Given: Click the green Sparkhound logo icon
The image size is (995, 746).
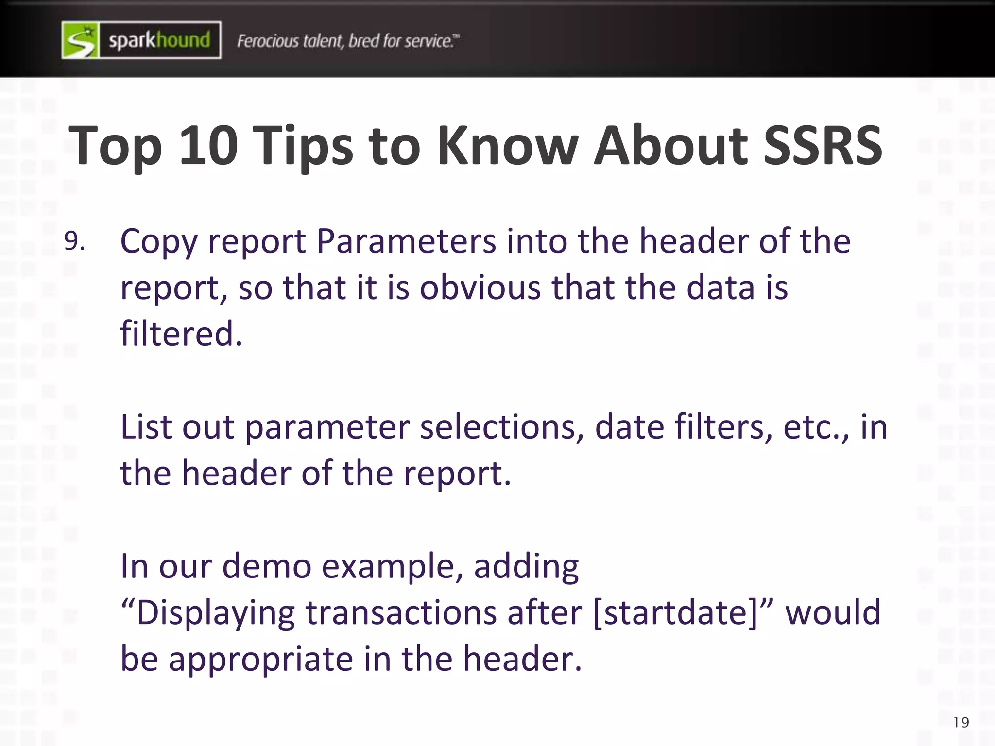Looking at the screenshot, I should pos(81,40).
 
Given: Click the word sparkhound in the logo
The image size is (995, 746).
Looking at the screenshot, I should pos(159,40).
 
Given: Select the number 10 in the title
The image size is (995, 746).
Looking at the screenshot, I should pos(208,145).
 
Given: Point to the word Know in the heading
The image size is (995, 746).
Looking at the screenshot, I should pos(508,145).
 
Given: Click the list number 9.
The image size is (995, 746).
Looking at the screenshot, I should pos(74,241).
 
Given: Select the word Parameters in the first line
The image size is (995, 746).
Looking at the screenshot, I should pos(406,241).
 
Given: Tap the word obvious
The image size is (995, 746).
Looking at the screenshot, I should pos(480,288).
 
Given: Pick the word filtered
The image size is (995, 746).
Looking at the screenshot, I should pos(181,334).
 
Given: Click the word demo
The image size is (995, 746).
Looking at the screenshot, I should pos(267,566).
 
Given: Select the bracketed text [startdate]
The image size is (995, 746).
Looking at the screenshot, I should pos(676,612).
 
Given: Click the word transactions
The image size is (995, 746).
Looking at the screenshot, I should pos(401,612).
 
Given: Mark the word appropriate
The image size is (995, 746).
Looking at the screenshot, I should pos(260,659).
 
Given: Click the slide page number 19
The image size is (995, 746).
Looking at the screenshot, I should pos(961,723).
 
